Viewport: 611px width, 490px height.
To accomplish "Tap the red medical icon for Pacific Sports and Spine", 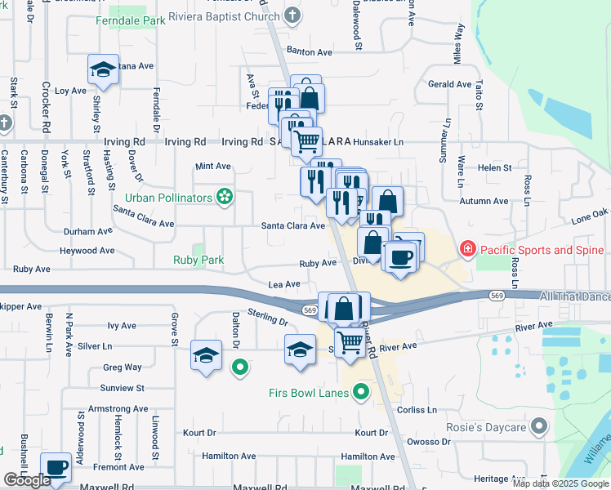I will (x=468, y=248).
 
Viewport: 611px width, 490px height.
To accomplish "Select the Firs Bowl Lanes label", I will (x=309, y=393).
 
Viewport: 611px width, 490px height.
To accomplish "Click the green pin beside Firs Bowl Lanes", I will (x=359, y=393).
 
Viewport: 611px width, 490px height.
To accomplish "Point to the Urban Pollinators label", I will (x=168, y=197).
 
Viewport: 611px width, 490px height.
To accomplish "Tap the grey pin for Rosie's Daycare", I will (x=538, y=425).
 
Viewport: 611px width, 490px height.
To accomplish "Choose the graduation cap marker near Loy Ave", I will (x=104, y=70).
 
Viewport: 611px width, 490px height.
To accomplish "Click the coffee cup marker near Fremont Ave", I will (x=56, y=468).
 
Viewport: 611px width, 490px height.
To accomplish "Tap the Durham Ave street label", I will (x=88, y=231).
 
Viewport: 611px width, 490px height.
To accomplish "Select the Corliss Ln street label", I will (x=417, y=410).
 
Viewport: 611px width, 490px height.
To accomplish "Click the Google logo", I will (x=27, y=480).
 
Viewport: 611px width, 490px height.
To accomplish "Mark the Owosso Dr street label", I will (x=430, y=440).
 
